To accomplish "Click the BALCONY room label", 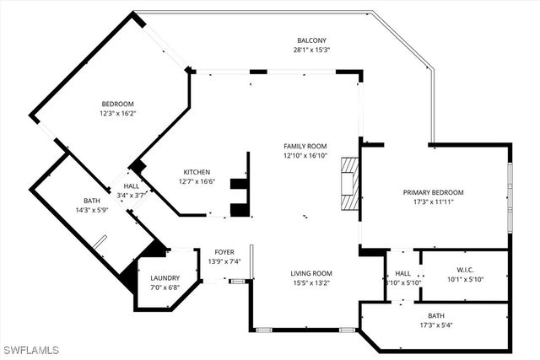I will pyautogui.click(x=311, y=40).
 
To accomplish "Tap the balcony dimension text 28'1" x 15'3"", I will pyautogui.click(x=311, y=50).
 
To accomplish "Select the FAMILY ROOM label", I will pyautogui.click(x=305, y=146).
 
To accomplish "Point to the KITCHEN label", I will pyautogui.click(x=197, y=171).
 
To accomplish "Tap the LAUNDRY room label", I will pyautogui.click(x=165, y=278).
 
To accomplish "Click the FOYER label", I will pyautogui.click(x=224, y=251).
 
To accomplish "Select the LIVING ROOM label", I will pyautogui.click(x=311, y=273).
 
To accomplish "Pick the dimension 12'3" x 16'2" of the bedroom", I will pyautogui.click(x=118, y=113).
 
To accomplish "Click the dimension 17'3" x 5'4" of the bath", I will pyautogui.click(x=435, y=325).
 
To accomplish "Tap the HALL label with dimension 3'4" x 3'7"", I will pyautogui.click(x=132, y=185).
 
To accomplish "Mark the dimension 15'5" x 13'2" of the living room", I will pyautogui.click(x=311, y=283).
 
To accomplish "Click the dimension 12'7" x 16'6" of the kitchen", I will pyautogui.click(x=197, y=181).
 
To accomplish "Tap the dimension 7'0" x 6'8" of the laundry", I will pyautogui.click(x=165, y=288).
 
